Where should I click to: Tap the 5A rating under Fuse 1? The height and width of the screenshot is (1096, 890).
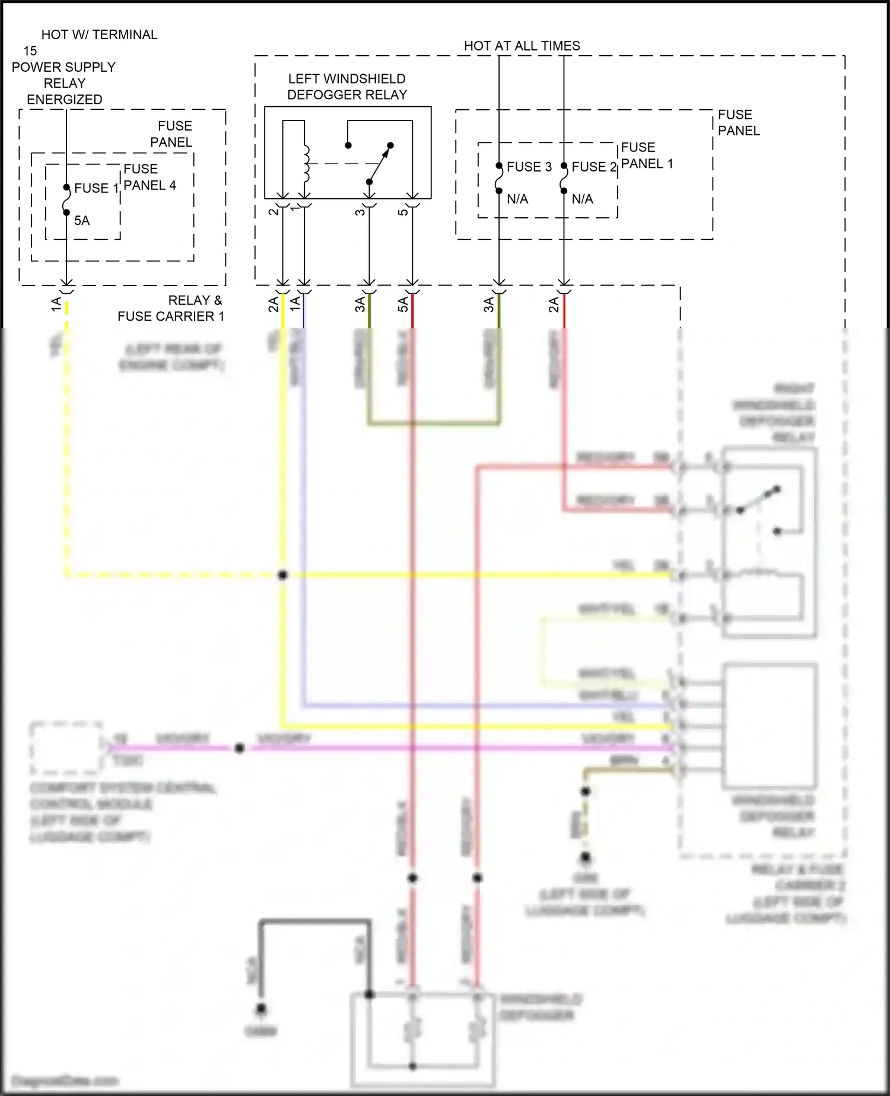click(82, 221)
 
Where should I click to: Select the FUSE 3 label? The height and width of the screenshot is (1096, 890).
click(529, 167)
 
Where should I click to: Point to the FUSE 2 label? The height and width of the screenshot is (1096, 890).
click(594, 167)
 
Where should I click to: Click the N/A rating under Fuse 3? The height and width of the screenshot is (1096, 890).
click(517, 199)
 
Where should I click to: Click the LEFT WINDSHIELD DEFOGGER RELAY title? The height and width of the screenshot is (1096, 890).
click(347, 87)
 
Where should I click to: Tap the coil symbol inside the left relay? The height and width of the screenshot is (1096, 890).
click(306, 164)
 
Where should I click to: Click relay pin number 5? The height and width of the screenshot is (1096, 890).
click(403, 211)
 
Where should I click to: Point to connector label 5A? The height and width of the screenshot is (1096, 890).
click(403, 304)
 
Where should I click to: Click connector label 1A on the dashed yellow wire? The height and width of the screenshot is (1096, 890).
click(56, 305)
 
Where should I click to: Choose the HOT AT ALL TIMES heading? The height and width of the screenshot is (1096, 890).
click(522, 46)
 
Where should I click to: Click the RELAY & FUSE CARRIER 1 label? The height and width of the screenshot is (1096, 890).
click(171, 308)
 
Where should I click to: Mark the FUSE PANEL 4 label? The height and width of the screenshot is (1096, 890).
click(150, 177)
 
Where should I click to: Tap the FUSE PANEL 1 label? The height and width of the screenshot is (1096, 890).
click(647, 156)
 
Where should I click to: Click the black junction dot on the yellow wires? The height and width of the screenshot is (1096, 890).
click(283, 575)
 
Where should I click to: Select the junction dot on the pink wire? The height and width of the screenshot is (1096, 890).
click(239, 748)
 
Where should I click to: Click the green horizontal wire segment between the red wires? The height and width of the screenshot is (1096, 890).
click(434, 423)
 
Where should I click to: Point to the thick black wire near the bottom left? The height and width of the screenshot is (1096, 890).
click(314, 921)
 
